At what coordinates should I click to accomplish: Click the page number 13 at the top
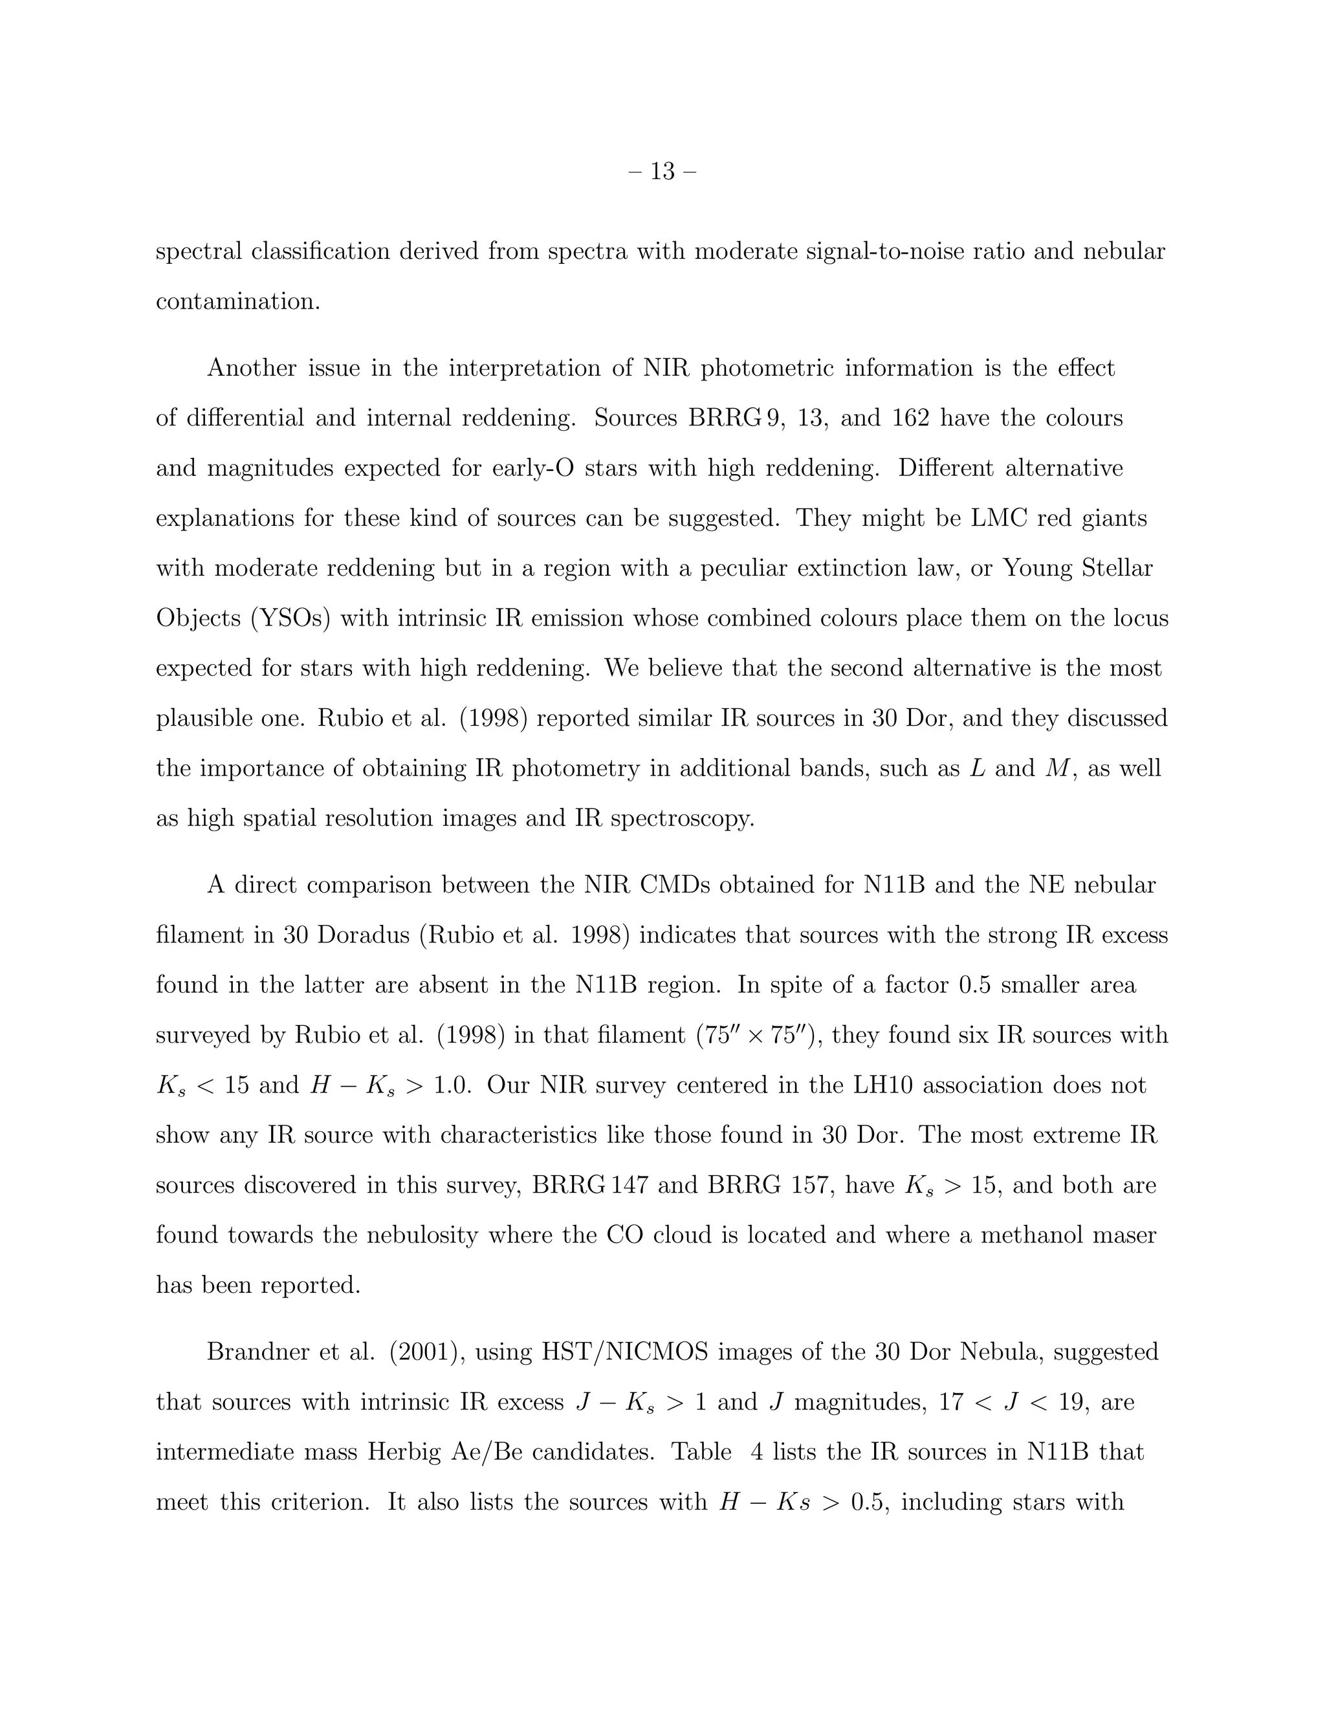(x=662, y=171)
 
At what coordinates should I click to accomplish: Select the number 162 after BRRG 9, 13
(x=910, y=418)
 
